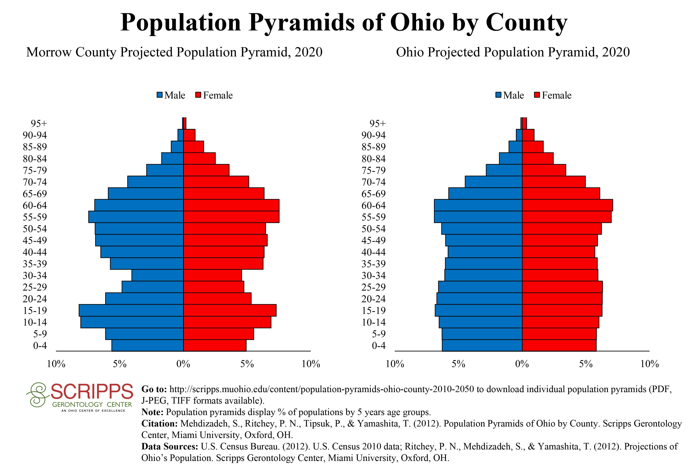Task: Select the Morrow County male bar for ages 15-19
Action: pos(131,310)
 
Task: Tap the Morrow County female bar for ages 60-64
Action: pos(231,205)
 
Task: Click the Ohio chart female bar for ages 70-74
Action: pos(554,182)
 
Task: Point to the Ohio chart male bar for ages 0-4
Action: pos(482,346)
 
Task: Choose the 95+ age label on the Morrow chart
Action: pos(39,124)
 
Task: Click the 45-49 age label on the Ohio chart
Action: pos(374,241)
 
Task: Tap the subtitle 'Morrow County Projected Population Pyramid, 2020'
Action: pos(174,52)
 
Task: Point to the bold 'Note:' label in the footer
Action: pos(152,412)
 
